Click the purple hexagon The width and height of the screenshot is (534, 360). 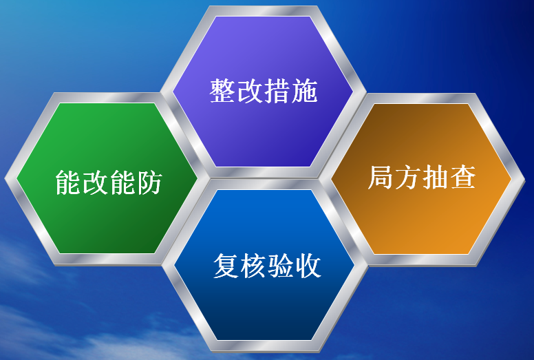tap(263, 92)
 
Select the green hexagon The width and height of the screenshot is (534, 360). tap(107, 178)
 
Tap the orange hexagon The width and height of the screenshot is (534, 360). tap(421, 179)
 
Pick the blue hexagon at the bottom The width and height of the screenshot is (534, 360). tap(265, 265)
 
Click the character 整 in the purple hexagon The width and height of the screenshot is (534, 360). tap(222, 91)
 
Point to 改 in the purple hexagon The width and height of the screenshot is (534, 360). tap(250, 91)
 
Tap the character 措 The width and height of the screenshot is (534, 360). tap(277, 91)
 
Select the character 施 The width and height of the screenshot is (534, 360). tap(305, 91)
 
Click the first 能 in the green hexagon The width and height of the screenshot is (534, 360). tap(68, 182)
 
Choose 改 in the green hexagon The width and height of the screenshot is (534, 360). tap(96, 182)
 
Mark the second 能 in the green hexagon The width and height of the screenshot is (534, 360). tap(122, 182)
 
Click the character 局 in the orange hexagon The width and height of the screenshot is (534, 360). tap(381, 177)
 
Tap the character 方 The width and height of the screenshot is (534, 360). tap(408, 177)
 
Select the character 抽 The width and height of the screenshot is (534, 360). tap(436, 177)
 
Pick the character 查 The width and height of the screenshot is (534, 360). tap(463, 177)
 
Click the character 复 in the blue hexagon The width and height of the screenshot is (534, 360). tap(226, 266)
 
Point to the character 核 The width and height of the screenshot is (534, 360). tap(254, 266)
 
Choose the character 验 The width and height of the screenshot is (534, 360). tap(281, 266)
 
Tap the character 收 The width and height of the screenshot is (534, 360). tap(308, 266)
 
